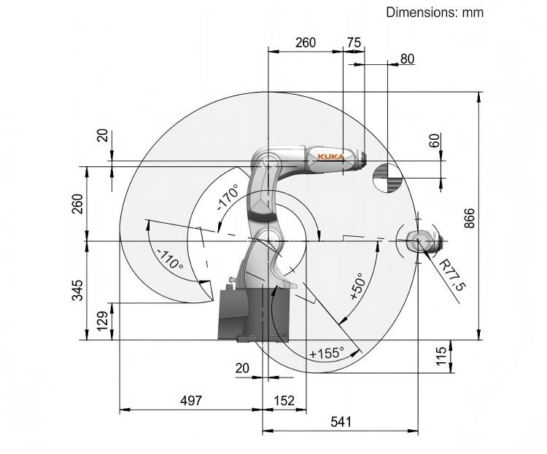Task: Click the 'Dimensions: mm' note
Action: (435, 12)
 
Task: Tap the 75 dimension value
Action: (354, 42)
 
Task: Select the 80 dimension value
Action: (407, 59)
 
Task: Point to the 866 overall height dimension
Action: (470, 218)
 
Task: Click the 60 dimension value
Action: (435, 140)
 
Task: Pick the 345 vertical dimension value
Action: (77, 290)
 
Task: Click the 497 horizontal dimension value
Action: (191, 400)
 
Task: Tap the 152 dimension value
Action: (284, 401)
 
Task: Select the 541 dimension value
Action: (341, 422)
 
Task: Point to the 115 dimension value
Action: (441, 356)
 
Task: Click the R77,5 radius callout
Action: (452, 275)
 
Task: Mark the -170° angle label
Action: (228, 197)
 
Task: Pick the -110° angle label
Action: (170, 259)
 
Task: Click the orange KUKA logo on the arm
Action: (330, 157)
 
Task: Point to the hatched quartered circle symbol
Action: (387, 178)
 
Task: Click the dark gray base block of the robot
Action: (253, 313)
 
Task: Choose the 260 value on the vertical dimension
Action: (77, 204)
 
